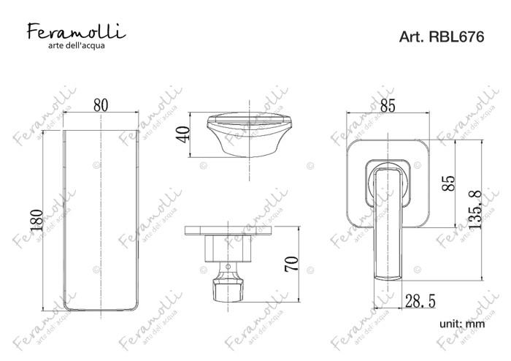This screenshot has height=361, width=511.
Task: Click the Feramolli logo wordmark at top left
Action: coord(76,31)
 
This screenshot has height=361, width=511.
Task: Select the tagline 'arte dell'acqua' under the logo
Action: coord(77,45)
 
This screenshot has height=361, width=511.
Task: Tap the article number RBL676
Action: coord(456,37)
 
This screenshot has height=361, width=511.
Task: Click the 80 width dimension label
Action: coord(101,105)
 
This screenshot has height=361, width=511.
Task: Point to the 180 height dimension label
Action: coord(36,221)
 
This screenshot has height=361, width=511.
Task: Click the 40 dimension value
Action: coord(182,134)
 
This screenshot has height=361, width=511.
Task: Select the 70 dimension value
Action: coord(291,264)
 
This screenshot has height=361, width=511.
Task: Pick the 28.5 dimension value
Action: coord(420,300)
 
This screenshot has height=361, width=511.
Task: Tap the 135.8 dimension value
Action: coord(476,210)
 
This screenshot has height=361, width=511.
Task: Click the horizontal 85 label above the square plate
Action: coord(388,106)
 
